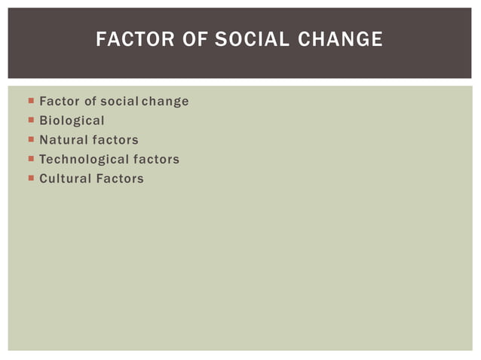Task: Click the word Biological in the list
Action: pos(72,121)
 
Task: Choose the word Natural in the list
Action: pos(63,140)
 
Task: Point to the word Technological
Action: pos(84,160)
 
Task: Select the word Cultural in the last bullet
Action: pos(64,179)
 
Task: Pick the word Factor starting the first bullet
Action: pos(58,101)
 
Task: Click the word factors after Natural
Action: pos(115,140)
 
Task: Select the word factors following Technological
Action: pos(156,160)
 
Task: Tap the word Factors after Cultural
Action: pos(119,179)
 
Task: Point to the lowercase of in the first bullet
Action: pos(89,101)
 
